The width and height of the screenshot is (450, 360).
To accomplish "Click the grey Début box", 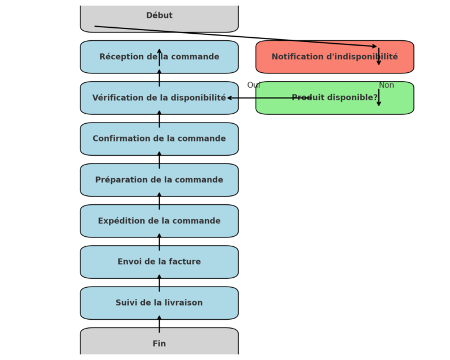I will click(159, 17).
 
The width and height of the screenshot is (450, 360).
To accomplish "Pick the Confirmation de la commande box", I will click(159, 139).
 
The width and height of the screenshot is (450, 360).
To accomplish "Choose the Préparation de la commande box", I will click(159, 180).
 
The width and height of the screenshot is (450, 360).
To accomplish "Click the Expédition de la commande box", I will click(159, 221).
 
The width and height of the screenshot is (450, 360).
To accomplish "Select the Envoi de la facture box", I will click(159, 262).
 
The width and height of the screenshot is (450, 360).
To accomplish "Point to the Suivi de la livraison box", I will click(159, 303).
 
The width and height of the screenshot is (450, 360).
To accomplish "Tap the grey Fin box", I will click(159, 343).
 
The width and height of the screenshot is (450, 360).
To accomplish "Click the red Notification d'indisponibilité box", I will click(335, 57).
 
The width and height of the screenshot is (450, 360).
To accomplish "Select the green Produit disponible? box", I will click(335, 98).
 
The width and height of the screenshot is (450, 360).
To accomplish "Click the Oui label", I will click(253, 85).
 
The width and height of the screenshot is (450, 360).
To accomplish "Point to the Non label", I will click(386, 85).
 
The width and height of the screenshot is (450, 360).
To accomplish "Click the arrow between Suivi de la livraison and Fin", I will click(159, 323).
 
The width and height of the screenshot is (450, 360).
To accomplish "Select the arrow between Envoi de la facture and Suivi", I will click(159, 282).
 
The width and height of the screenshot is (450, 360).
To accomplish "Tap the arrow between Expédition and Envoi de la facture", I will click(159, 242).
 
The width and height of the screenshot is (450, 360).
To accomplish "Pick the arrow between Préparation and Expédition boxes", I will click(159, 201).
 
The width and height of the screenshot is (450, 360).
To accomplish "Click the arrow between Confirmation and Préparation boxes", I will click(159, 160).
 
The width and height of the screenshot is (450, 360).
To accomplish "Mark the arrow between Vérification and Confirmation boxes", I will click(159, 118).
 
